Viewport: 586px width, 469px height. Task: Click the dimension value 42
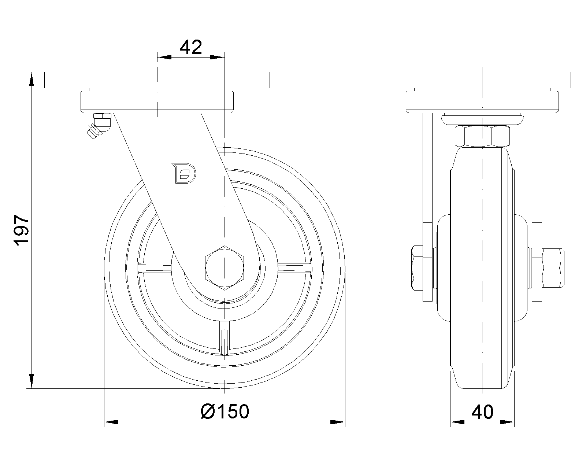pyautogui.click(x=191, y=47)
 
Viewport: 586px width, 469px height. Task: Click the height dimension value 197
pyautogui.click(x=21, y=230)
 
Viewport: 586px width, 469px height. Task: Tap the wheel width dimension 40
pyautogui.click(x=482, y=412)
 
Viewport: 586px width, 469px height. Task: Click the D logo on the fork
pyautogui.click(x=184, y=173)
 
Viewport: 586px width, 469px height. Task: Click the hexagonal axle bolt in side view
pyautogui.click(x=225, y=268)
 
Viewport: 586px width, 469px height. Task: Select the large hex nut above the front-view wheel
pyautogui.click(x=482, y=136)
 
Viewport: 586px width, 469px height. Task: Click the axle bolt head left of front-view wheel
pyautogui.click(x=418, y=268)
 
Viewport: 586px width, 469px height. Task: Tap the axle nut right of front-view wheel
pyautogui.click(x=553, y=268)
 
